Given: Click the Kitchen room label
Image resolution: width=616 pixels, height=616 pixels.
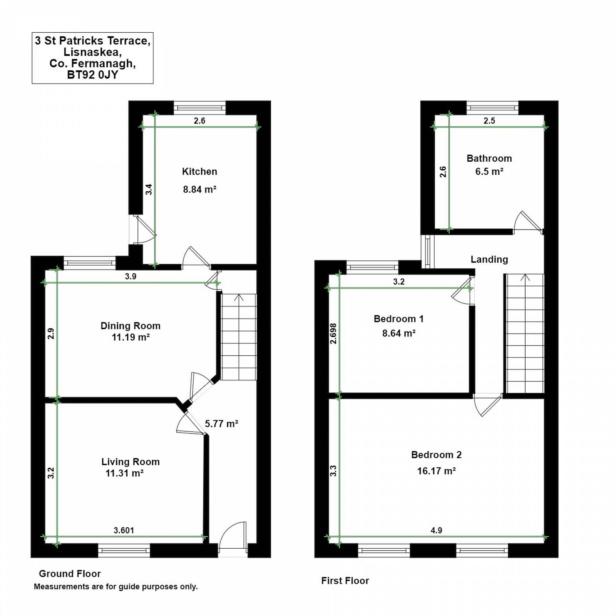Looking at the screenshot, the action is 199,172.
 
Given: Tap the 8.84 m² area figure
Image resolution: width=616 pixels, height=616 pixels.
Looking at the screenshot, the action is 199,189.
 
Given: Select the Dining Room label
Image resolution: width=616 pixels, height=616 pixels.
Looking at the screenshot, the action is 131,326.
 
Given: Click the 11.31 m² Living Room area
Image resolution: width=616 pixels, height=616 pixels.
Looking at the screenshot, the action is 124,473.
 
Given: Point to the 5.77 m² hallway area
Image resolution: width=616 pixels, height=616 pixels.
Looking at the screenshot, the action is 221,424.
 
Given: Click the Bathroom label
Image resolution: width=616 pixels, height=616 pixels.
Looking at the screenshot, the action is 489,158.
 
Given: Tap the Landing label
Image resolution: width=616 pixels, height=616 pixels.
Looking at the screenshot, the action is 489,259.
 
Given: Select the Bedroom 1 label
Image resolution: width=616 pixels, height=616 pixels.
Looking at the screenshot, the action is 398,319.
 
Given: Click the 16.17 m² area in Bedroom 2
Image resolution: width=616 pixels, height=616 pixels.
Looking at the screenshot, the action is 437,471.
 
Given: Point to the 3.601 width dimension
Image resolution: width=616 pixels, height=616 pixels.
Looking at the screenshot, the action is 124,531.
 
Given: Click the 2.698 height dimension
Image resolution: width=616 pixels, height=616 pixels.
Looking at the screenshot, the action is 333,333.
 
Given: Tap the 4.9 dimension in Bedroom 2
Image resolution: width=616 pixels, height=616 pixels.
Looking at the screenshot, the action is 436,531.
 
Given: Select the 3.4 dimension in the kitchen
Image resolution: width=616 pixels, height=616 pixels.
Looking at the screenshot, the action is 149,189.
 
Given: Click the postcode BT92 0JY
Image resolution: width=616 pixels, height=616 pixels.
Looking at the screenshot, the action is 92,75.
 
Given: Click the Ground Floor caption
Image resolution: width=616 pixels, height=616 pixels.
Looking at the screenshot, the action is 70,574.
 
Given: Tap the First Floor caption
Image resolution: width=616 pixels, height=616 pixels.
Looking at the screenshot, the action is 345,581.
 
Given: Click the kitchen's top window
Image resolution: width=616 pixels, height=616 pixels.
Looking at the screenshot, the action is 199,107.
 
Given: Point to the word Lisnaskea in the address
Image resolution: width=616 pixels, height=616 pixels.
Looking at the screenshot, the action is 92,52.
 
